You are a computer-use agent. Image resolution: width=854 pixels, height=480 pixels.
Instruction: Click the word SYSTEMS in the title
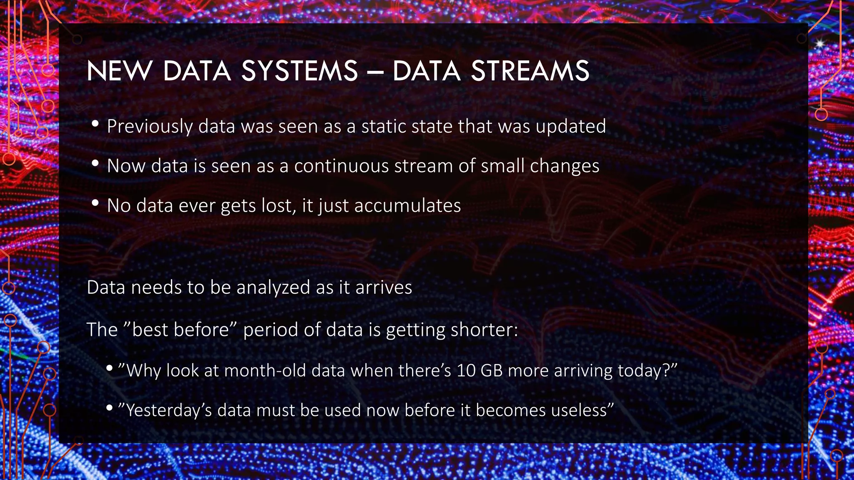point(299,71)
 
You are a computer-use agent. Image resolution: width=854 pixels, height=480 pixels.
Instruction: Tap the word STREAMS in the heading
point(530,71)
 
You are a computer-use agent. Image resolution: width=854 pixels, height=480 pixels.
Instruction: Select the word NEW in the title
point(119,71)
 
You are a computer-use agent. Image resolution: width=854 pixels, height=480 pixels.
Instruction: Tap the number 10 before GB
point(466,370)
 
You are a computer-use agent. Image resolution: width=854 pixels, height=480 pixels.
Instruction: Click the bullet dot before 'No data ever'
point(95,203)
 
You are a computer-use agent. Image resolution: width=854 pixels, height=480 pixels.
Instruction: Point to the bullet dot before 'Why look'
point(109,368)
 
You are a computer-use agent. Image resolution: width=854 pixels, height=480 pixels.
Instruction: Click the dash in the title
point(375,72)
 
